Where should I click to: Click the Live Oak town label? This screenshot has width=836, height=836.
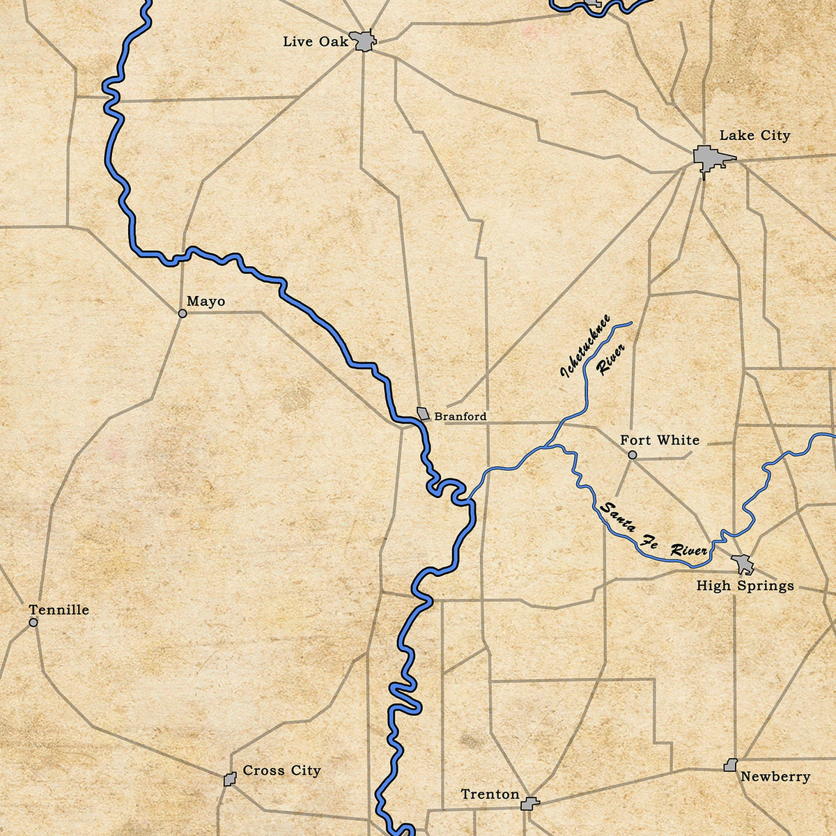315,42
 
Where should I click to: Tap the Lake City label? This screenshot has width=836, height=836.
754,135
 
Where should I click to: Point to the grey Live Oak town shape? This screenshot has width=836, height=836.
364,41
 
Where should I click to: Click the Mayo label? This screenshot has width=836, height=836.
206,302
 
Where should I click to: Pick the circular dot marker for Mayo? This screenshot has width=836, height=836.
183,313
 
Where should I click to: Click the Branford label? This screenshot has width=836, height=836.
460,417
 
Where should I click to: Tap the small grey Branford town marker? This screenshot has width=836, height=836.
423,413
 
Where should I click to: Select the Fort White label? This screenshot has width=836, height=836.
660,440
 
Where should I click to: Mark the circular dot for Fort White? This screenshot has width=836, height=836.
632,455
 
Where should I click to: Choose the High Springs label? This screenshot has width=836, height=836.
745,586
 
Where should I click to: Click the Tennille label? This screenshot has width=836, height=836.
59,610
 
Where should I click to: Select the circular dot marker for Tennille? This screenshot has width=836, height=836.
33,622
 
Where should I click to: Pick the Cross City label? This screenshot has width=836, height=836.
281,771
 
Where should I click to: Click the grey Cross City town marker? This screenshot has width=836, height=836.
230,779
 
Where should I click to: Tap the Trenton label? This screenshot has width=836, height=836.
490,795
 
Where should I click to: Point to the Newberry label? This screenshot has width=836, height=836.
775,777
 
